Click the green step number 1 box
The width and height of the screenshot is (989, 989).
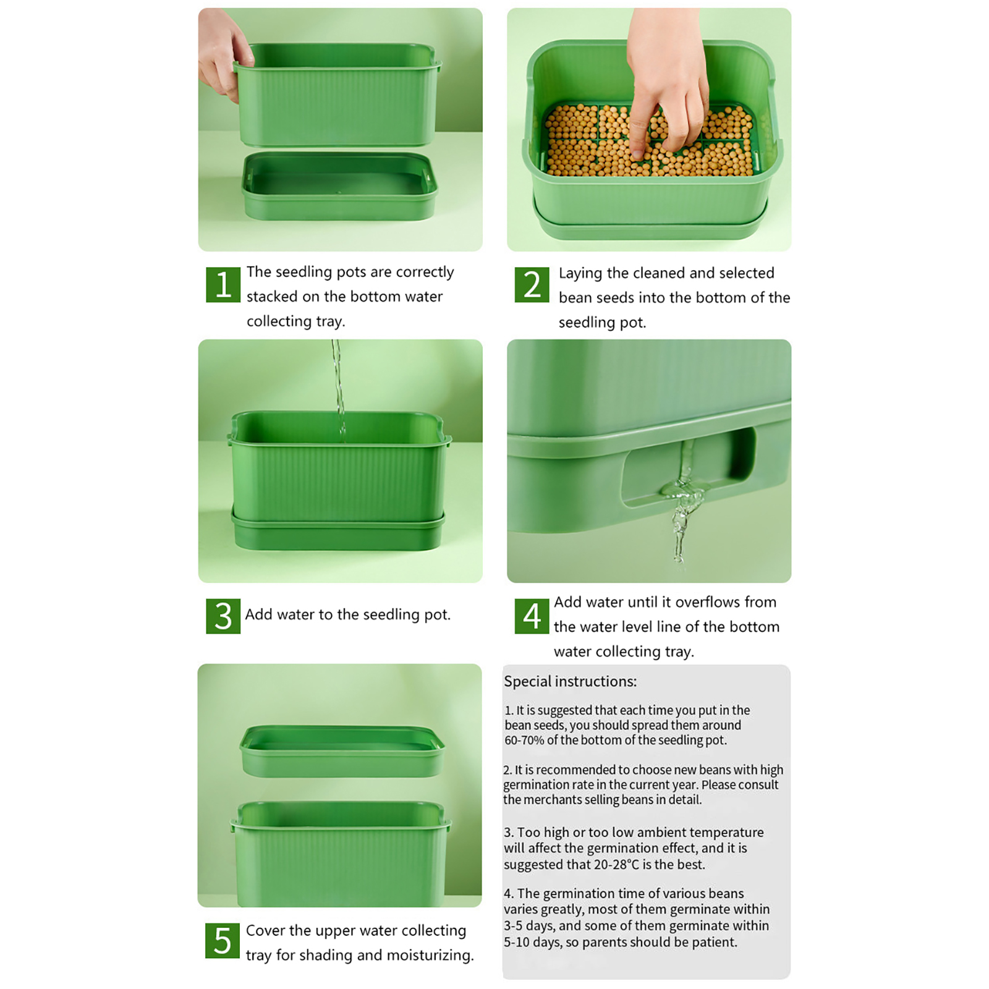pos(223,284)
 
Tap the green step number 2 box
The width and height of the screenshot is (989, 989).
pos(532,284)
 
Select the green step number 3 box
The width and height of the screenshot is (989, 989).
pos(223,616)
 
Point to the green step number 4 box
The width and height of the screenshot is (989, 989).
pos(532,616)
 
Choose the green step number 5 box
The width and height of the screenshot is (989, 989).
pos(223,941)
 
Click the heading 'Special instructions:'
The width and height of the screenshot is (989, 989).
pos(570,681)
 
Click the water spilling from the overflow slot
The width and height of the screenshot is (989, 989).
pos(682,507)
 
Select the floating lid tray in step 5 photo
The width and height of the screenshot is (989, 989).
pos(342,750)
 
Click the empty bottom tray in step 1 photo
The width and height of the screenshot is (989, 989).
pos(340,185)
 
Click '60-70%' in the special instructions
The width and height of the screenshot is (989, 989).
pos(524,740)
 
